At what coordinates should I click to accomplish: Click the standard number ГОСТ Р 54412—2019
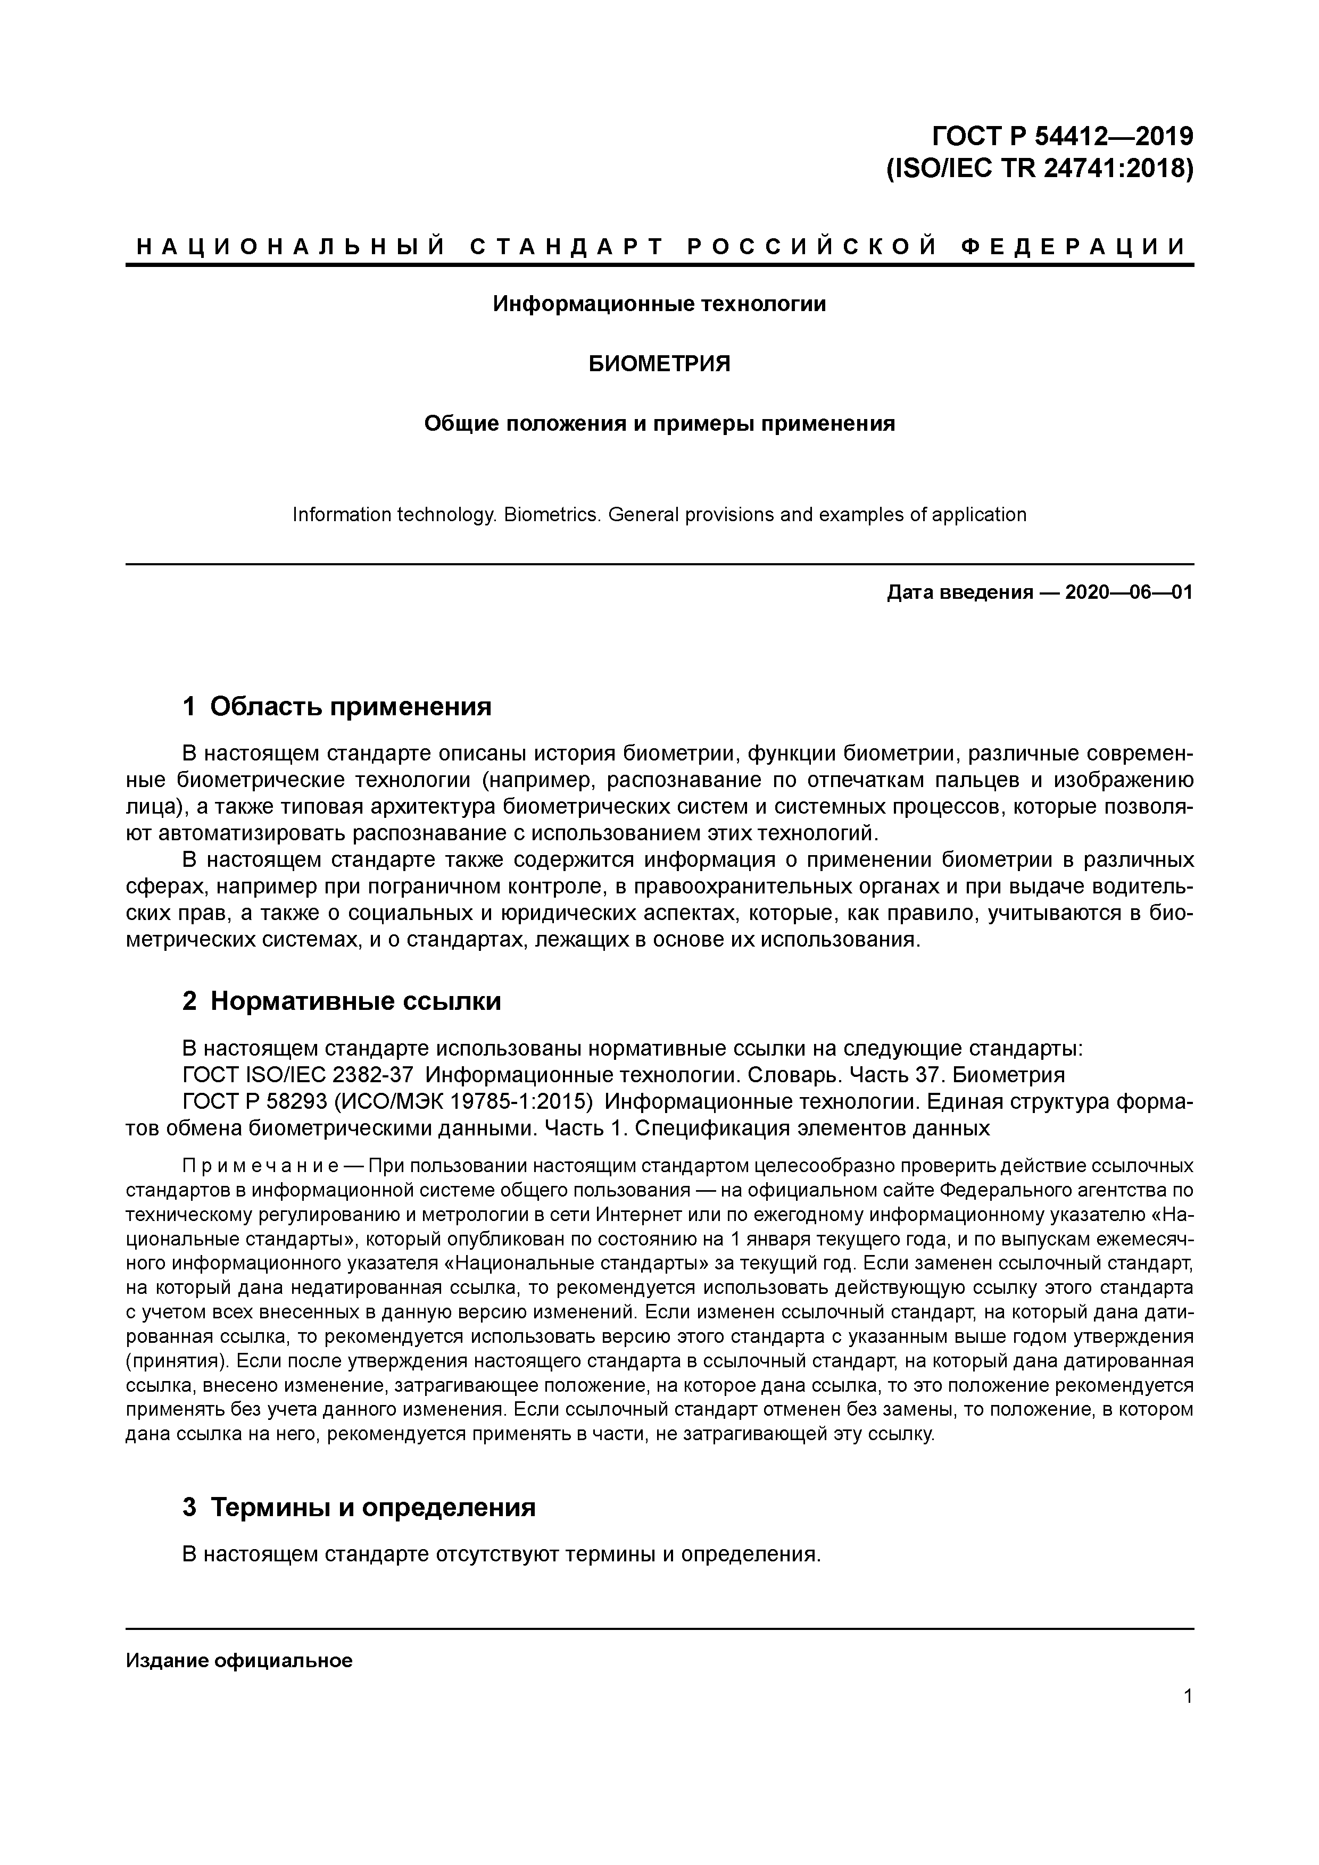(x=1062, y=136)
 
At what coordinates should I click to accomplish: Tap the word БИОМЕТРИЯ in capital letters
(x=659, y=364)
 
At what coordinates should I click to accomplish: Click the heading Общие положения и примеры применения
(x=659, y=424)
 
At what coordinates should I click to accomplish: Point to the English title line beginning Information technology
(x=659, y=514)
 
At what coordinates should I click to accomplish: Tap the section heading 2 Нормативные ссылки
(x=342, y=1001)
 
